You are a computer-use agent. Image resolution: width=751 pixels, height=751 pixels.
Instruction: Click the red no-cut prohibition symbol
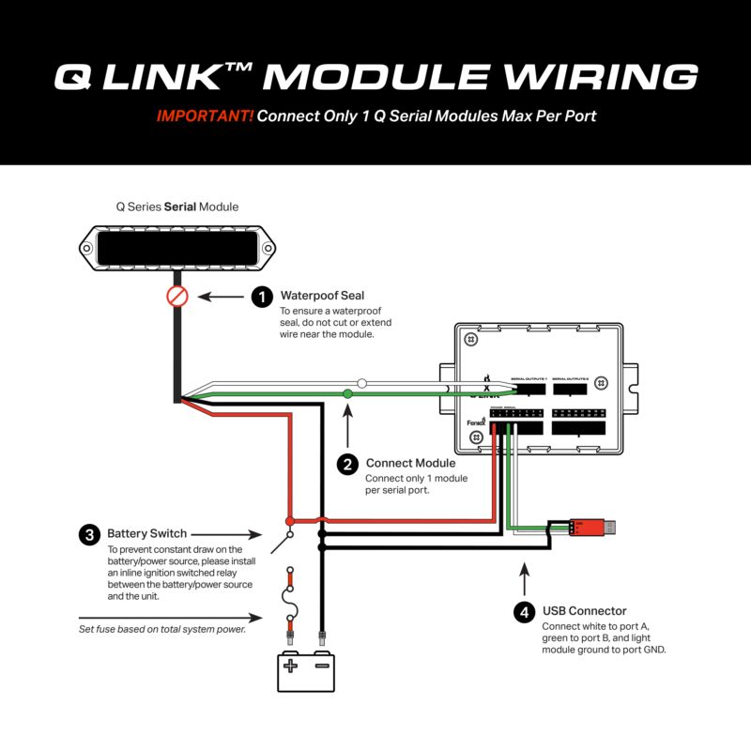177,297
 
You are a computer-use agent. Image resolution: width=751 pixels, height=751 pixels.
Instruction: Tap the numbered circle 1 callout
261,298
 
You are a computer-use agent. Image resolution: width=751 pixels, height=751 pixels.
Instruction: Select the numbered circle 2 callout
347,464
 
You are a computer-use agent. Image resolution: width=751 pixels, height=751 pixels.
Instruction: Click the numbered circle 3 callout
89,535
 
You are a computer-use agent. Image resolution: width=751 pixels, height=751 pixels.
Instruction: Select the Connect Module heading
410,463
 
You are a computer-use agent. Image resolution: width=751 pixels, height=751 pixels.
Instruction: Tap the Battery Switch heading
147,533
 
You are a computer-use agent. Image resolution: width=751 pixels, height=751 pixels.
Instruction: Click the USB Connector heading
584,611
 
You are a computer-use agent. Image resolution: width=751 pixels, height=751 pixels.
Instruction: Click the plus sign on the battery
291,667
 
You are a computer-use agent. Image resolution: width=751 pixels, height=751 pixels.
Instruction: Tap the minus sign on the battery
321,667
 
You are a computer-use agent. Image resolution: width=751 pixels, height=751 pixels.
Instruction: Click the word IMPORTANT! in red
205,117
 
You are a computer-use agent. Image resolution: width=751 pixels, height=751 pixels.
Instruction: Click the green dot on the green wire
348,394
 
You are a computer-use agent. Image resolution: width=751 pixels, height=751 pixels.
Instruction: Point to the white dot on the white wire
361,383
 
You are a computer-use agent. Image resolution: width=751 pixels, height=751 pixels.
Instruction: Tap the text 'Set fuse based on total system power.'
162,629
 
